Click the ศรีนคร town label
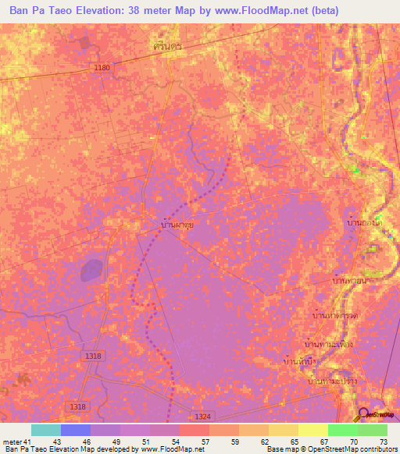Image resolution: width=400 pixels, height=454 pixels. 168,47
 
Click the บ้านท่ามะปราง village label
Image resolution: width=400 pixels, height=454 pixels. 331,381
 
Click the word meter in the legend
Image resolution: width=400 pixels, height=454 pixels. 11,441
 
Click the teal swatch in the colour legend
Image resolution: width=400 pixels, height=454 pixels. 46,430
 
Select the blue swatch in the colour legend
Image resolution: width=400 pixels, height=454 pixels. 76,430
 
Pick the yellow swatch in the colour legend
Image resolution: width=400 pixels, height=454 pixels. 313,430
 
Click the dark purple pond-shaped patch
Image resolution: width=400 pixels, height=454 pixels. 91,270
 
